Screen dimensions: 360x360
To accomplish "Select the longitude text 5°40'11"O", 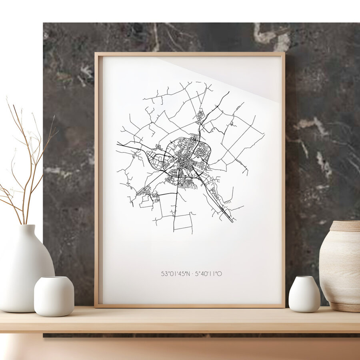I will point(208,274).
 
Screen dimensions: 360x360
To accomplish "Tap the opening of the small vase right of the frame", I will point(304,278).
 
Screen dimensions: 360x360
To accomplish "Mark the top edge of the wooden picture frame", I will point(190,54).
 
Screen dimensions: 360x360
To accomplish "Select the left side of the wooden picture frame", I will point(96,180).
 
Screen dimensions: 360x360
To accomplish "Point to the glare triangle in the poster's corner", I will point(240,76).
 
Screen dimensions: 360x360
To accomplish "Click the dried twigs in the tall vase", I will point(28,160).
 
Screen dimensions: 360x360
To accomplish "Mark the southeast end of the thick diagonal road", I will point(232,221).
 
